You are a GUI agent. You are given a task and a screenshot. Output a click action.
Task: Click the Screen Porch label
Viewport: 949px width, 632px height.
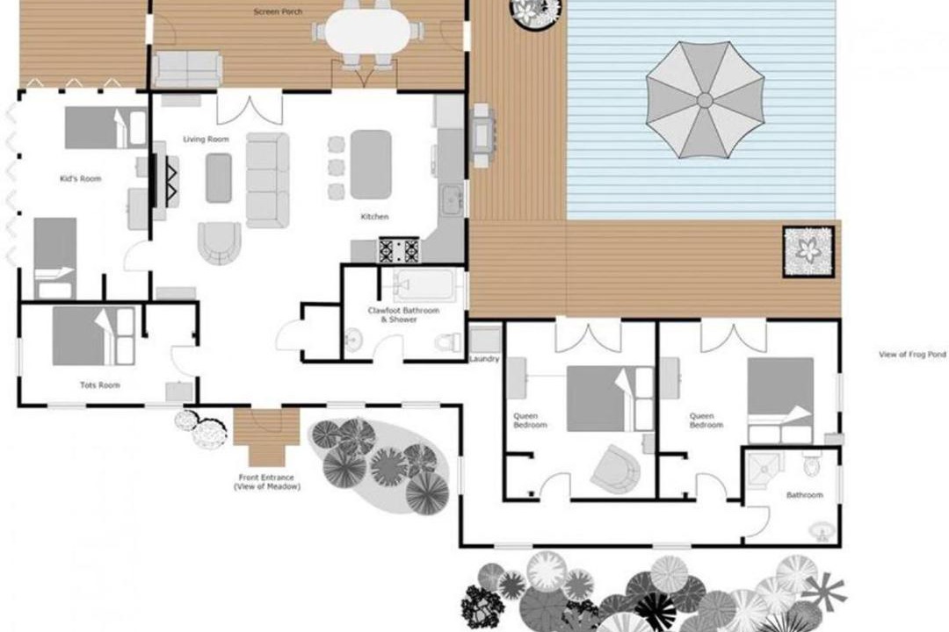278,11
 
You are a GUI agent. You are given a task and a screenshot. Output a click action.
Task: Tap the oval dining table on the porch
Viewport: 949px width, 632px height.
367,32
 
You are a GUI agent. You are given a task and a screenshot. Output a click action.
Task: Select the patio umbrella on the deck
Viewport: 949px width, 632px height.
705,100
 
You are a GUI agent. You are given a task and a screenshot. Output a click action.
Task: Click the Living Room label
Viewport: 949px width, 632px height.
206,139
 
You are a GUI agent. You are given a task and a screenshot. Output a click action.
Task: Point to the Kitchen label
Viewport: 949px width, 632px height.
374,217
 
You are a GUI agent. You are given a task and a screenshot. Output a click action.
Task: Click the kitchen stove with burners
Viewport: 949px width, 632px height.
399,250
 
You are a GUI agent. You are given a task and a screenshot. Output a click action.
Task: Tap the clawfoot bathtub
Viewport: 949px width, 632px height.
424,285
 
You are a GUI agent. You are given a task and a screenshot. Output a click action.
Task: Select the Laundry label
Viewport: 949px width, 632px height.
484,359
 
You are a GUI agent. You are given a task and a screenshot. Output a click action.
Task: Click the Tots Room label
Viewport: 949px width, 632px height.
100,384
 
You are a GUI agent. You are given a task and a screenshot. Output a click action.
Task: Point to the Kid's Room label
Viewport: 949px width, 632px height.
81,178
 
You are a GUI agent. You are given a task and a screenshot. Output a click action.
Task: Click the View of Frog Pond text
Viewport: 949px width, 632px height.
912,355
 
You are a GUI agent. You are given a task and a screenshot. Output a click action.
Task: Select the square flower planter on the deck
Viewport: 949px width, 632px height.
808,252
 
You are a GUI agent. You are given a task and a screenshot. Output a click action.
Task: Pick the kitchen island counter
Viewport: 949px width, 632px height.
371,164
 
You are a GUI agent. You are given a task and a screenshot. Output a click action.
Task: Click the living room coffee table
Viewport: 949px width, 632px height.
219,178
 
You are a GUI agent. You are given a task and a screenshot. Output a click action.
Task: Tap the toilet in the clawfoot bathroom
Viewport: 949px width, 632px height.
448,341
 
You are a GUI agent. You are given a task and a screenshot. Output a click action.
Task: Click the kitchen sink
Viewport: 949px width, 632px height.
450,200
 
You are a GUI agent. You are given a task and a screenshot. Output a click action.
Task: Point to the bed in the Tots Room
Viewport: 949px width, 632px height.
94,336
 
